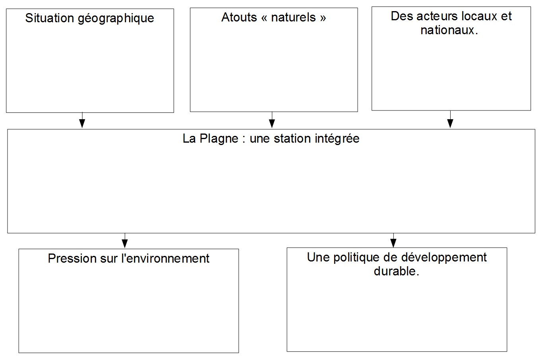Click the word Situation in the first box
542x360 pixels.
point(50,18)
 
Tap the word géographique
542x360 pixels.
point(116,19)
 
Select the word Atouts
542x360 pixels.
point(239,17)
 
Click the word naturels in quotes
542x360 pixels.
point(293,17)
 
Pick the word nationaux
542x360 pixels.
point(448,31)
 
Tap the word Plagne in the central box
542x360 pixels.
point(219,139)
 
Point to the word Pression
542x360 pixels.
point(72,258)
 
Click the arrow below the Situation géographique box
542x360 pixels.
point(82,120)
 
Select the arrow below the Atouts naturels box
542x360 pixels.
point(272,120)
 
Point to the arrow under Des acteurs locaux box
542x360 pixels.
point(450,119)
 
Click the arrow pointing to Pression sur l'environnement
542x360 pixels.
point(125,240)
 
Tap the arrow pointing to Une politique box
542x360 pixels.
point(393,240)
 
